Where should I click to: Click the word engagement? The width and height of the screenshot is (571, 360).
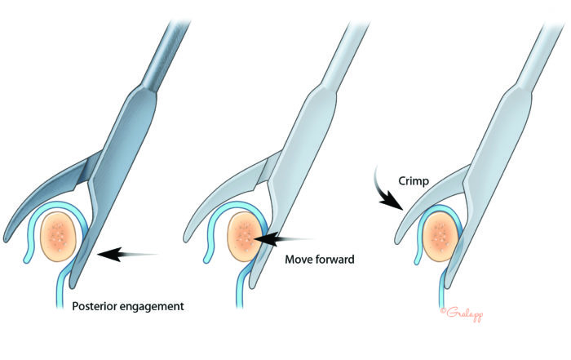156,308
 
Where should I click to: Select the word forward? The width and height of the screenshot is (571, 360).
338,260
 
